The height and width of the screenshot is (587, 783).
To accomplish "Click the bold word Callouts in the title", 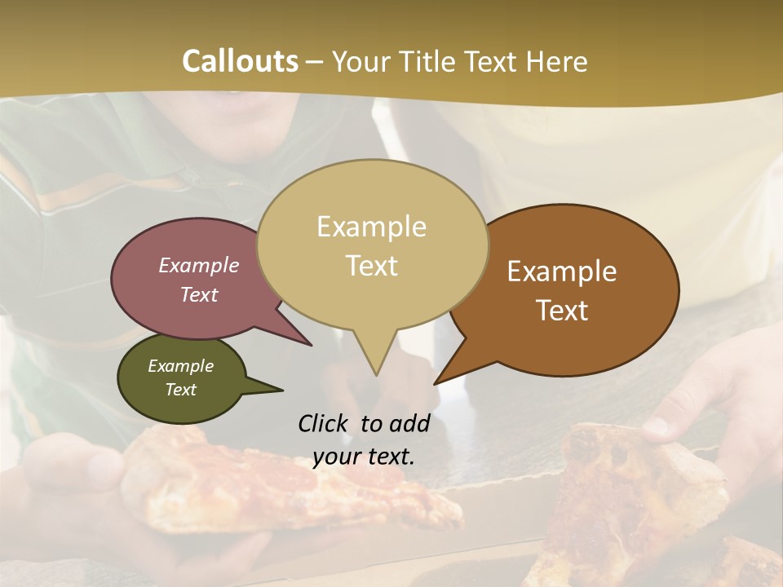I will [240, 61].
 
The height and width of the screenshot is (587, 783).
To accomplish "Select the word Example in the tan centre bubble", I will [371, 227].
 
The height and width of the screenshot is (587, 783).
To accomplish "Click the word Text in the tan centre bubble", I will [371, 266].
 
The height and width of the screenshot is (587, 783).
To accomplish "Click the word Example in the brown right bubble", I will [562, 271].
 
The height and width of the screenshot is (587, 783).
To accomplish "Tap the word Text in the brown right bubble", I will [562, 311].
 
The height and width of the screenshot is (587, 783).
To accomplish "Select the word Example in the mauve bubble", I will [199, 265].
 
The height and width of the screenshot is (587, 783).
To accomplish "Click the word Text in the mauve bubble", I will [199, 294].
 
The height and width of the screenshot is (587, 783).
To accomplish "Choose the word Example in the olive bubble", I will [180, 366].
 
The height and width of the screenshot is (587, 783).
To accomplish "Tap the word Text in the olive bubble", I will [180, 390].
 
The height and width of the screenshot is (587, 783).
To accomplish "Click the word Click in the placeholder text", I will [324, 423].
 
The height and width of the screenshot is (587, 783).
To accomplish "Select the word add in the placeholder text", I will [409, 423].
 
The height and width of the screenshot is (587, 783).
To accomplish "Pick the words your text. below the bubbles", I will [364, 457].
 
